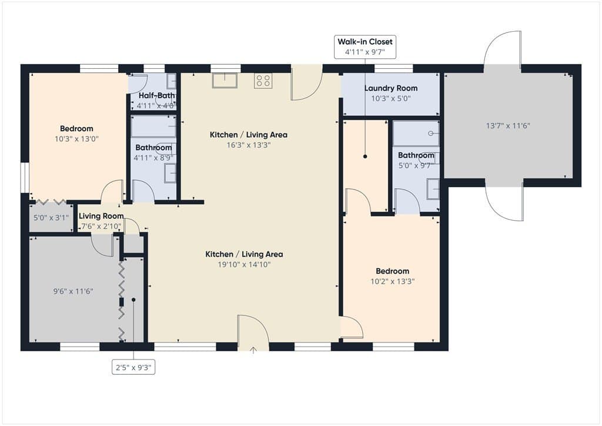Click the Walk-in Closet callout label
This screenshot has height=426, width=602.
point(364,42)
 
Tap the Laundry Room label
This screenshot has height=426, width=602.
point(391,88)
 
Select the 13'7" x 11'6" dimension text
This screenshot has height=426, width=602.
point(508,125)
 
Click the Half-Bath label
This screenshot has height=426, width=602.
point(156,95)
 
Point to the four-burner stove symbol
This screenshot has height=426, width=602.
point(263,81)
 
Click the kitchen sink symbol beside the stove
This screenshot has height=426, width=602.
point(225,80)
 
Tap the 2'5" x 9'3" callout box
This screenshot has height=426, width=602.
point(133,368)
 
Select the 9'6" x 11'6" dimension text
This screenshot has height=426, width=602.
point(73,291)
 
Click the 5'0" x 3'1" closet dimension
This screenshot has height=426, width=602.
point(51,218)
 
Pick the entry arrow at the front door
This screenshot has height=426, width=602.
point(253,350)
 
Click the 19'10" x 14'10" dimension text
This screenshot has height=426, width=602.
point(244,264)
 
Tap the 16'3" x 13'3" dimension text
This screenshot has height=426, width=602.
point(249,145)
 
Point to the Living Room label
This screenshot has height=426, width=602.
point(101,216)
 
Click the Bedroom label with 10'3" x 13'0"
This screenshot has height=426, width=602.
point(76,129)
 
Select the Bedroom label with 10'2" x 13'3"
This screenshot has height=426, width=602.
point(392,271)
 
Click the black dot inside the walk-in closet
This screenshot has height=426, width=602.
point(365,157)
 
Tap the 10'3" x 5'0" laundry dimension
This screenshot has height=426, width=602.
point(391,98)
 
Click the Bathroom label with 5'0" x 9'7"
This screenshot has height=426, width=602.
point(416,155)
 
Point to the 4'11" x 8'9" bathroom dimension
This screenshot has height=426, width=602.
point(153,158)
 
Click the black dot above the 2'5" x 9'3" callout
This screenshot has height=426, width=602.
point(133,299)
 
